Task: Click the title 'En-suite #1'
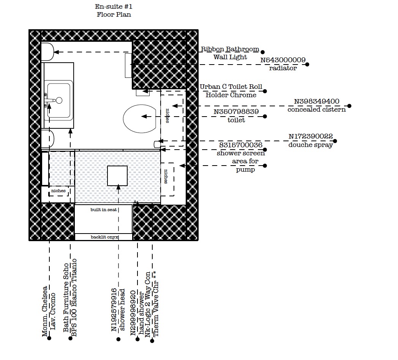click(114, 6)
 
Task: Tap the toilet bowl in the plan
click(140, 118)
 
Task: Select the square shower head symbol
click(117, 176)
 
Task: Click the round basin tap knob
click(59, 100)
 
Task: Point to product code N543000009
click(283, 60)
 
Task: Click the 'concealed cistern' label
click(316, 109)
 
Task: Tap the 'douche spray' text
click(310, 145)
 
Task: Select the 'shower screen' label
click(241, 153)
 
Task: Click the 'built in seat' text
click(104, 210)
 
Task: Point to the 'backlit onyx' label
click(104, 237)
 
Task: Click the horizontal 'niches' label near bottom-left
click(58, 191)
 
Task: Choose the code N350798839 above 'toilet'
click(236, 112)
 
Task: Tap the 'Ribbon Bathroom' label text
click(230, 49)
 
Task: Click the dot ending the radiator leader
click(307, 65)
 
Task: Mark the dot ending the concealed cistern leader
click(349, 106)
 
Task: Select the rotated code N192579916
click(114, 310)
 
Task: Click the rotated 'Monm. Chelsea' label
click(45, 311)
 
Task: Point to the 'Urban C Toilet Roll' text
click(231, 87)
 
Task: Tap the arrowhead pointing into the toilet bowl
click(144, 117)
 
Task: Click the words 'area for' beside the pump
click(245, 161)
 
